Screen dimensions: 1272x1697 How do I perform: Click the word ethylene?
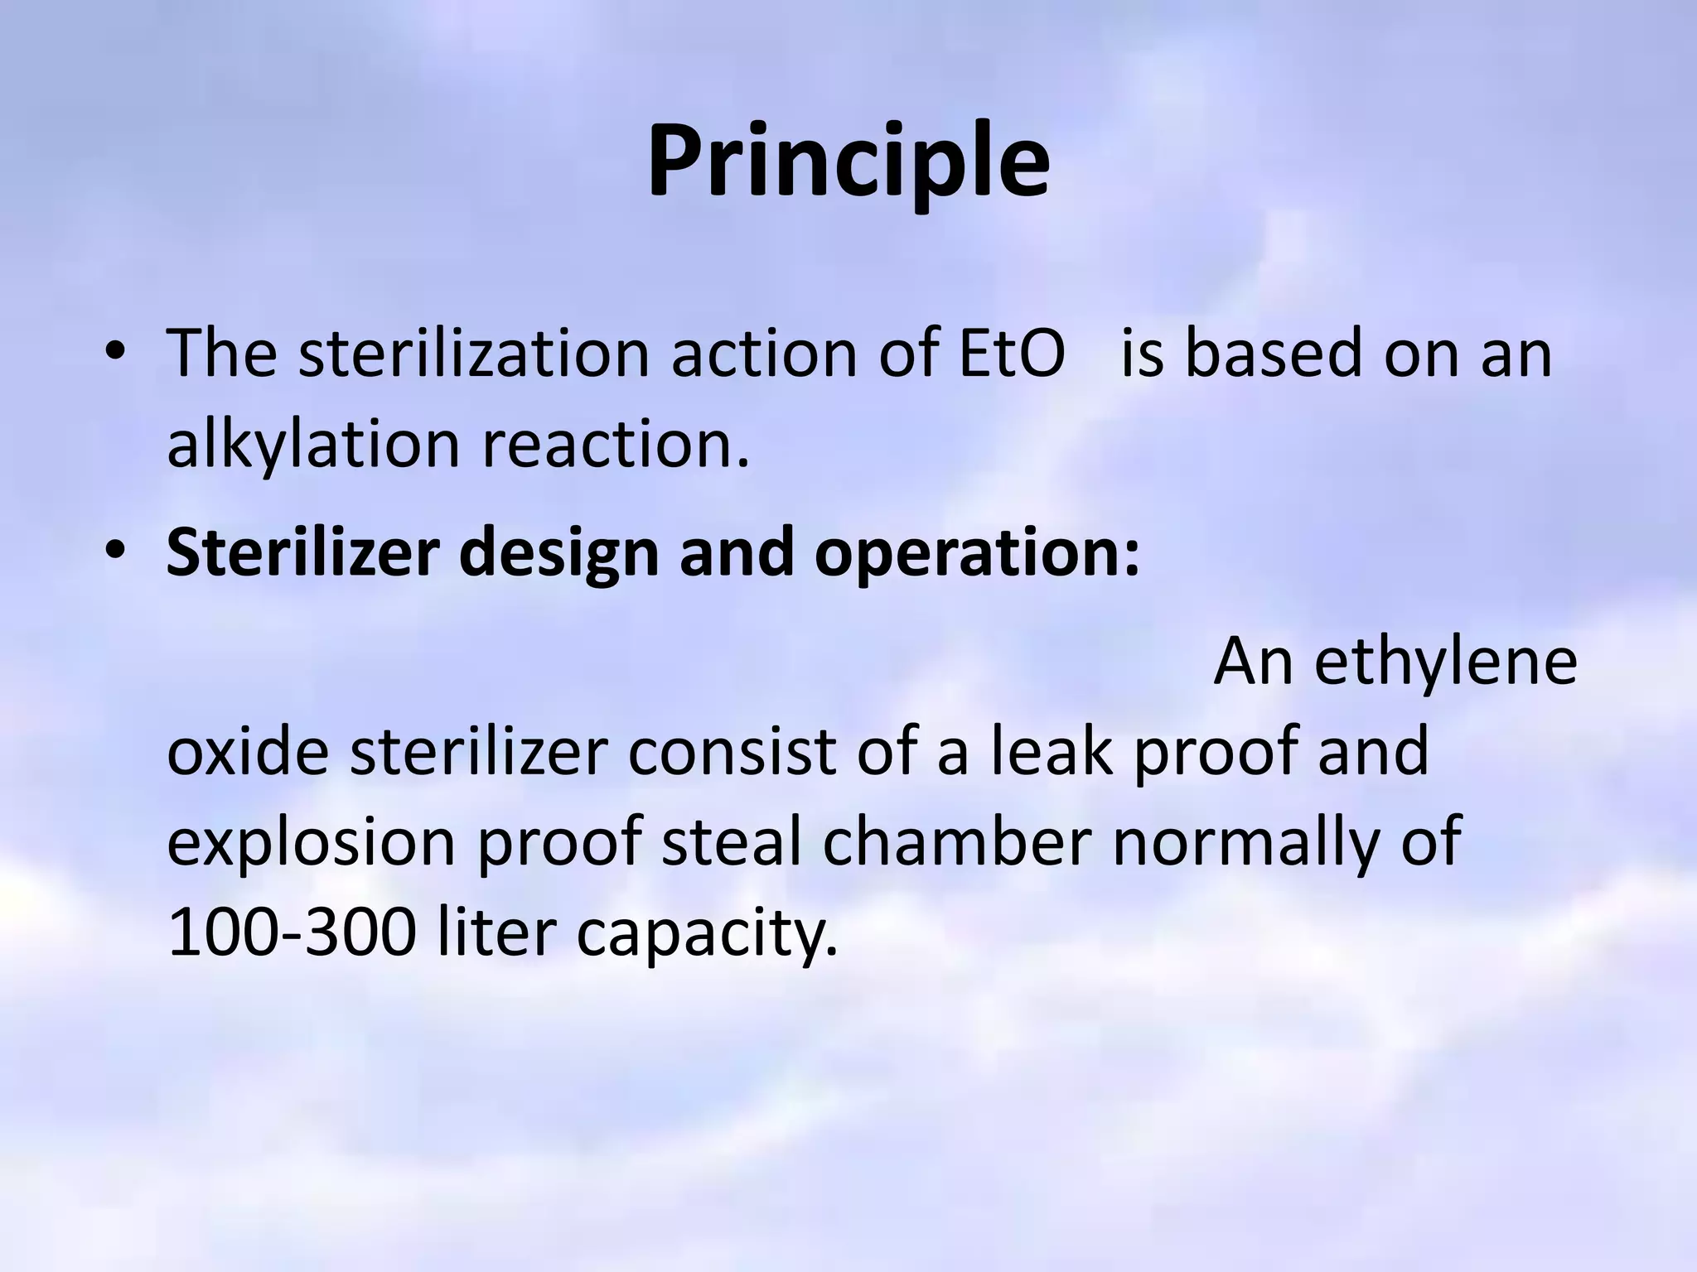tap(1445, 662)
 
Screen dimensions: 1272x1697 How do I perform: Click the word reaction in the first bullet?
tap(616, 446)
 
